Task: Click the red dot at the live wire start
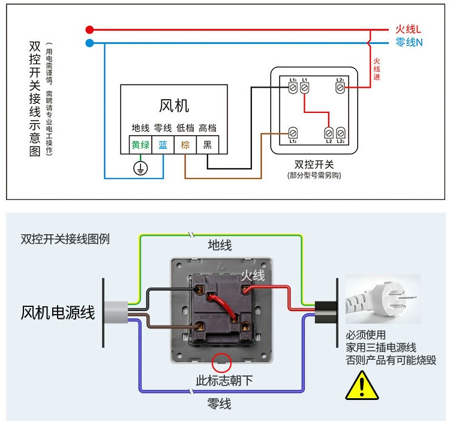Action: coord(89,29)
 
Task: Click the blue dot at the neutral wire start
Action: coord(89,43)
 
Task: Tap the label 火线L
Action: coord(408,29)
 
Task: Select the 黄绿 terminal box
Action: coord(140,145)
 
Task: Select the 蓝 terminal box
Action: coord(163,145)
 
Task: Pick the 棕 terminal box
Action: coord(185,145)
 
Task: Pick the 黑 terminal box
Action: coord(207,145)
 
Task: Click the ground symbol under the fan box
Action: coord(140,168)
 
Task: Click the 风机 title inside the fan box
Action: coord(174,106)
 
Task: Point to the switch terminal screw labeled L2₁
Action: coord(340,88)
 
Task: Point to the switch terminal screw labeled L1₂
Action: coord(293,132)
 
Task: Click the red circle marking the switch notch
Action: coord(223,362)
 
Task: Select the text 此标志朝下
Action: coord(224,381)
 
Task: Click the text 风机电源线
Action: coord(58,312)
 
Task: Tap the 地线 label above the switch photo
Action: coord(220,245)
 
